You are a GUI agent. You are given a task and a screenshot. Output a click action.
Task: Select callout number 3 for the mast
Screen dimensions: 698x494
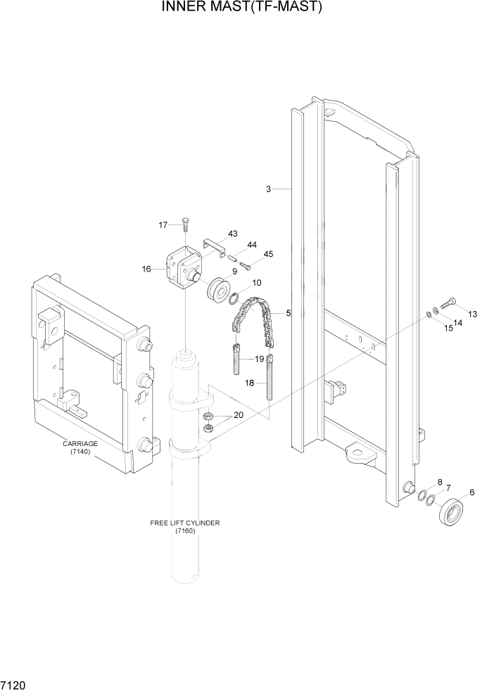268,189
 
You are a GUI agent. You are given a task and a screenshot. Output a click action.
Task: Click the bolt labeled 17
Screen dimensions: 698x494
184,224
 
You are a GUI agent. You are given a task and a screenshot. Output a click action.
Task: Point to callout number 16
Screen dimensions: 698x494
147,269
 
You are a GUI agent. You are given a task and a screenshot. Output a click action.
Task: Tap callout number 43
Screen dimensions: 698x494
232,234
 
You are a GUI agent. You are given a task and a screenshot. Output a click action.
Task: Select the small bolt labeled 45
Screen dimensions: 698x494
245,265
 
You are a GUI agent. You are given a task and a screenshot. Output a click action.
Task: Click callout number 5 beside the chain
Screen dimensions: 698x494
287,312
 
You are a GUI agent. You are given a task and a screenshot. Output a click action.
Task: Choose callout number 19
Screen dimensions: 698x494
259,359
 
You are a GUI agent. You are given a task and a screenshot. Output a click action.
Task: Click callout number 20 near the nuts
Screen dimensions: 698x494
238,415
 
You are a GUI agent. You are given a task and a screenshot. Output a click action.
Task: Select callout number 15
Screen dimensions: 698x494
448,328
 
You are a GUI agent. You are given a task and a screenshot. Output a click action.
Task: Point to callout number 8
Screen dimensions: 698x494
440,483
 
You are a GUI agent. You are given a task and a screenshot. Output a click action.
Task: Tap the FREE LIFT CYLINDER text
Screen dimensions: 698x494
184,523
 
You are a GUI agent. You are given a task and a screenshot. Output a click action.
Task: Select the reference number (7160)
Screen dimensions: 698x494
184,531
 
